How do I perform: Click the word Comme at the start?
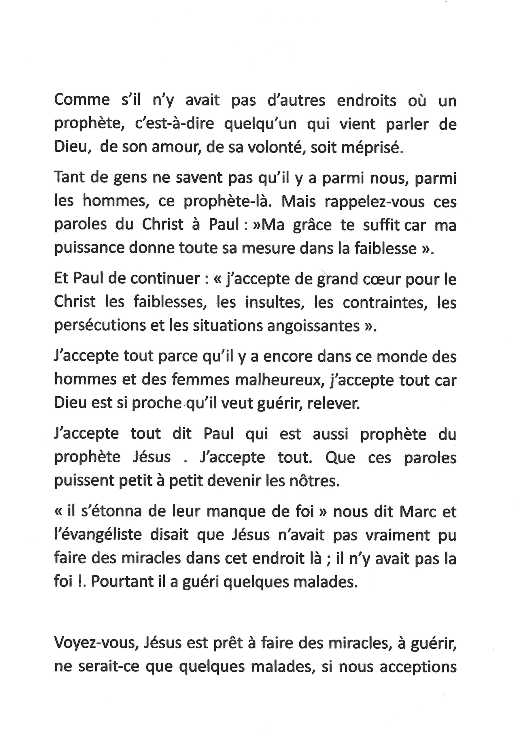click(82, 100)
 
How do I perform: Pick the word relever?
click(334, 404)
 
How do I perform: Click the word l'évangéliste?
click(98, 535)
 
